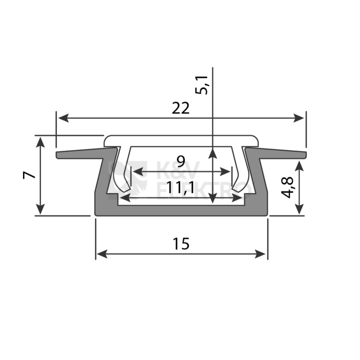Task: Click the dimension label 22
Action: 181,108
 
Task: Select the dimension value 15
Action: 181,243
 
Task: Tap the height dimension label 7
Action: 29,175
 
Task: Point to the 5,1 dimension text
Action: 201,85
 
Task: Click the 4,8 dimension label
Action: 287,187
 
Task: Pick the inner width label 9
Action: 181,161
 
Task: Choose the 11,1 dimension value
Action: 180,188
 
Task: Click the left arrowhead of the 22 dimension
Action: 63,118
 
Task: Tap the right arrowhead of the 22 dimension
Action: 298,118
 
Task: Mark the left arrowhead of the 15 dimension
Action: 102,254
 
